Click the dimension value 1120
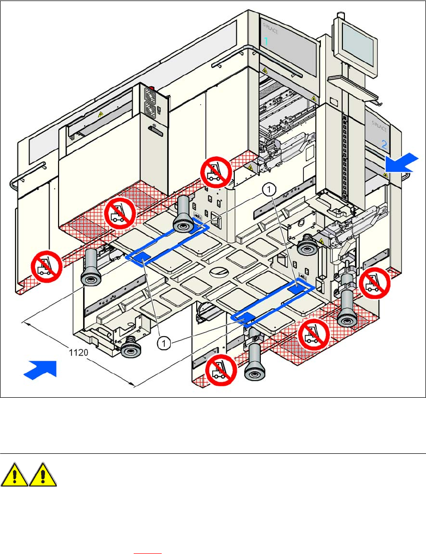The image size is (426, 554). (79, 352)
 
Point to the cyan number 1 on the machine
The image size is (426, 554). (266, 42)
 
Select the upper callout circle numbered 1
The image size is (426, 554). (269, 189)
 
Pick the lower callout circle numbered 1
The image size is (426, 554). (164, 343)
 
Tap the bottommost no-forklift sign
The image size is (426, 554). (221, 369)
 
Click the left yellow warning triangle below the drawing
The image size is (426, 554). (15, 474)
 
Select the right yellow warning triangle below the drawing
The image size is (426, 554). (43, 474)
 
